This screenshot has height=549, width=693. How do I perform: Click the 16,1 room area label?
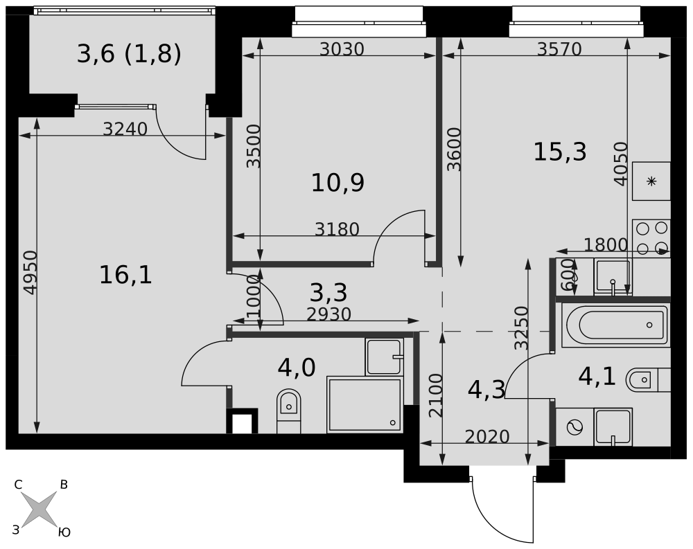click(x=125, y=275)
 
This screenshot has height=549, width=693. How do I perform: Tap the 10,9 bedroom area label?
click(x=337, y=182)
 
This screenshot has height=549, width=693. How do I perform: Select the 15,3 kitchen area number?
click(x=560, y=152)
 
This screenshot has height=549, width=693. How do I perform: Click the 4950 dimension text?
click(x=30, y=273)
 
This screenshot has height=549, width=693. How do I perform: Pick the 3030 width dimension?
click(x=342, y=49)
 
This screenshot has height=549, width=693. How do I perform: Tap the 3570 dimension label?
click(x=559, y=49)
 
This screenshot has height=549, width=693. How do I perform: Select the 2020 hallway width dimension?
click(x=487, y=436)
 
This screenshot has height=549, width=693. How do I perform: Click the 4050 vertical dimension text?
click(x=620, y=163)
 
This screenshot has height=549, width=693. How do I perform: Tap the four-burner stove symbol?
click(x=651, y=238)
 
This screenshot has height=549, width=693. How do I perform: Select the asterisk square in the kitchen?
click(x=651, y=181)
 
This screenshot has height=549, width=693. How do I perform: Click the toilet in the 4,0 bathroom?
click(x=288, y=411)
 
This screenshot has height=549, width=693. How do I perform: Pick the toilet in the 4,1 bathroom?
click(x=648, y=379)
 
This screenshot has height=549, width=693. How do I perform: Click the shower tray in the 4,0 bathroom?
click(x=365, y=404)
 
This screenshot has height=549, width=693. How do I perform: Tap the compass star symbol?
click(x=40, y=509)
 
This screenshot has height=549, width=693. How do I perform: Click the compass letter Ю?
click(x=64, y=532)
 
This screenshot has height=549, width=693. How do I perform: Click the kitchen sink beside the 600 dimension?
click(x=613, y=276)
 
